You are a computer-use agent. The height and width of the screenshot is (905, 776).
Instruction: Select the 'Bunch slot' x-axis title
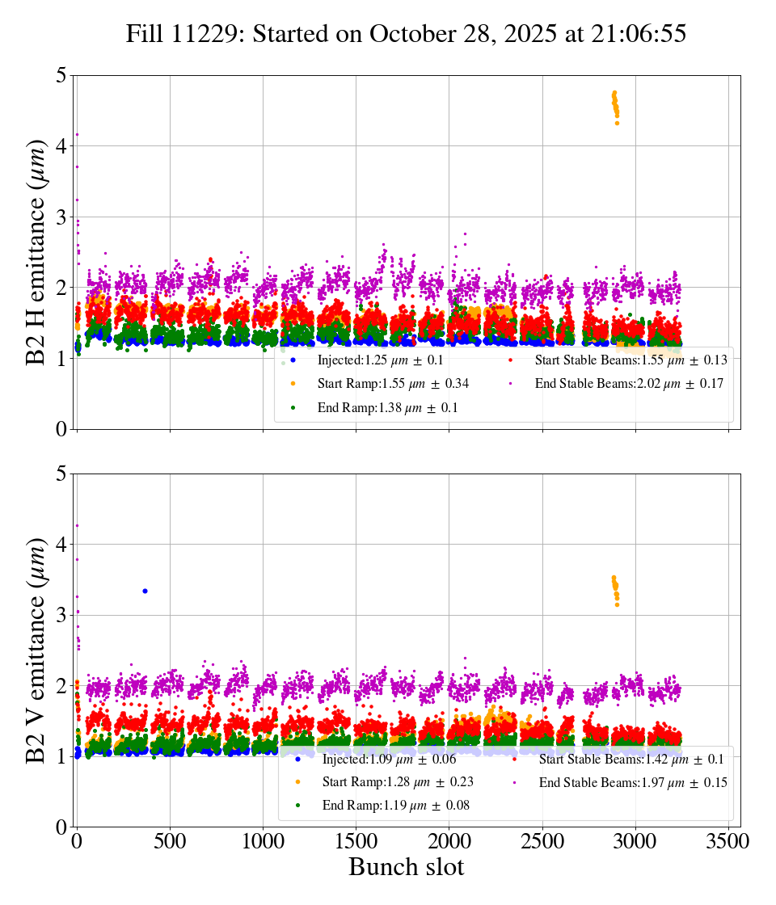[x=407, y=867]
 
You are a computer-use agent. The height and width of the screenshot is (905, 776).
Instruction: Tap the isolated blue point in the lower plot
[x=145, y=591]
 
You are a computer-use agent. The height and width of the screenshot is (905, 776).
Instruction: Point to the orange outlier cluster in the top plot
[x=615, y=105]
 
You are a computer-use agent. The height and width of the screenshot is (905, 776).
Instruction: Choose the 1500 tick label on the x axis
[x=356, y=841]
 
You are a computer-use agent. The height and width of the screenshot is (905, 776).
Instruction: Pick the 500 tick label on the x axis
[x=170, y=841]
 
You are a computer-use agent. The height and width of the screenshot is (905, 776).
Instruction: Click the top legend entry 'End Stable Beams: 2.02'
[x=629, y=384]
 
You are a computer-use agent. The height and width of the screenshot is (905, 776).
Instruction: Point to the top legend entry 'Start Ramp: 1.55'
[x=393, y=384]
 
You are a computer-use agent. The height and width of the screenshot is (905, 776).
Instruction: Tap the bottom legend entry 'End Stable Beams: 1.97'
[x=633, y=782]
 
